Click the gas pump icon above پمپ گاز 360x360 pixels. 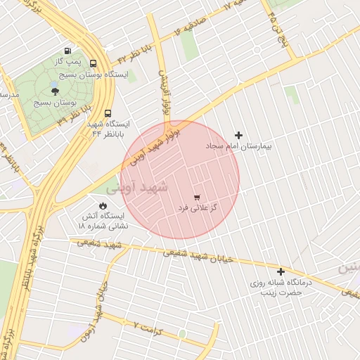tap(67, 50)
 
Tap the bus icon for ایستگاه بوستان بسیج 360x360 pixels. tap(94, 63)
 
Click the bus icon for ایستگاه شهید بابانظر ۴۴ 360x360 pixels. tap(108, 112)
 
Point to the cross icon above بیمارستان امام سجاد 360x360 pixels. tap(238, 135)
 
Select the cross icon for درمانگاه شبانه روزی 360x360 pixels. tap(281, 271)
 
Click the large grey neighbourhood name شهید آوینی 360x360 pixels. tap(138, 188)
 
